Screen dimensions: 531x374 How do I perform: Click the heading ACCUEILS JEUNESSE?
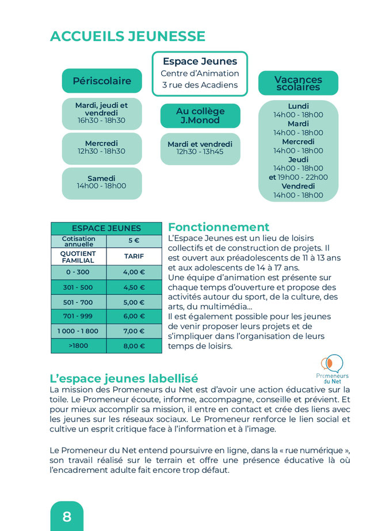pyautogui.click(x=127, y=36)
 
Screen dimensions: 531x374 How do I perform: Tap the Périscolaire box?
pyautogui.click(x=102, y=81)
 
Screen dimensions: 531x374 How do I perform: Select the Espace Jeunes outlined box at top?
pyautogui.click(x=200, y=74)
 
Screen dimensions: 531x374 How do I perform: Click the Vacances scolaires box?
pyautogui.click(x=298, y=83)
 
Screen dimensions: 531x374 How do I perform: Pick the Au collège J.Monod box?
pyautogui.click(x=200, y=115)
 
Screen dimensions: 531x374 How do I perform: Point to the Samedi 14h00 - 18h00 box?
pyautogui.click(x=102, y=183)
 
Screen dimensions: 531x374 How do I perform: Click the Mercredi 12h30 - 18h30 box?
pyautogui.click(x=102, y=147)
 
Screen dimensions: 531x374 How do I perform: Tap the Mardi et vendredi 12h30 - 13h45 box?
pyautogui.click(x=200, y=148)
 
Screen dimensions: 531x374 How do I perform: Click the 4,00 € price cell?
pyautogui.click(x=134, y=272)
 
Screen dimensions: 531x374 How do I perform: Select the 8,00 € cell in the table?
pyautogui.click(x=134, y=346)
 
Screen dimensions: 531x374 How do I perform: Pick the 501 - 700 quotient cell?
pyautogui.click(x=78, y=302)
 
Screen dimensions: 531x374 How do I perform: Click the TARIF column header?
pyautogui.click(x=134, y=257)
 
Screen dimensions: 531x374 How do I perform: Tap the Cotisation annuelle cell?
pyautogui.click(x=78, y=241)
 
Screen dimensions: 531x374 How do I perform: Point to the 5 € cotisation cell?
pyautogui.click(x=134, y=241)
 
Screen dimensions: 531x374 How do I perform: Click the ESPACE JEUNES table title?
pyautogui.click(x=106, y=229)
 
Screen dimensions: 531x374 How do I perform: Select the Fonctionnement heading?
pyautogui.click(x=219, y=227)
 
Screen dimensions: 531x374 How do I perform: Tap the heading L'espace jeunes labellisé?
pyautogui.click(x=124, y=378)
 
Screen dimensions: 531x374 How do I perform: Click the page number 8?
pyautogui.click(x=67, y=517)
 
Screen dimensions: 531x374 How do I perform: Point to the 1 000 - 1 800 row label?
pyautogui.click(x=78, y=331)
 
